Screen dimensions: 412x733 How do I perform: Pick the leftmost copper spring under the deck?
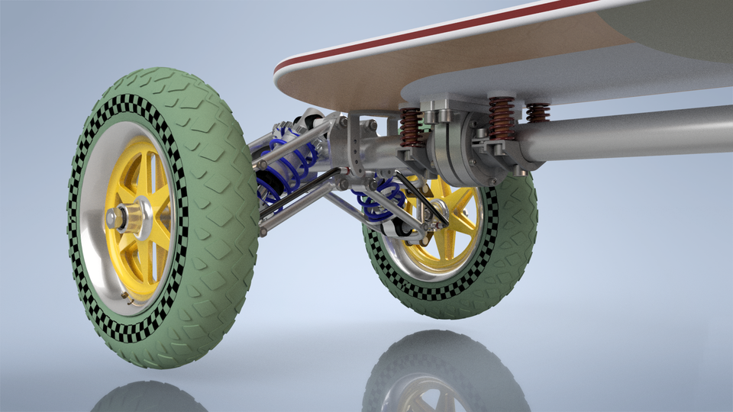(x=411, y=127)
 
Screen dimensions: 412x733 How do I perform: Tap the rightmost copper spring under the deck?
(x=538, y=112)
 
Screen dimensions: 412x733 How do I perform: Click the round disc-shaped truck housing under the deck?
(x=450, y=153)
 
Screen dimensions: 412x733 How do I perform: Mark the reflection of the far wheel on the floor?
(x=443, y=374)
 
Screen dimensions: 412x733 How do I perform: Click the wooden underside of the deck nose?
(x=366, y=80)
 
